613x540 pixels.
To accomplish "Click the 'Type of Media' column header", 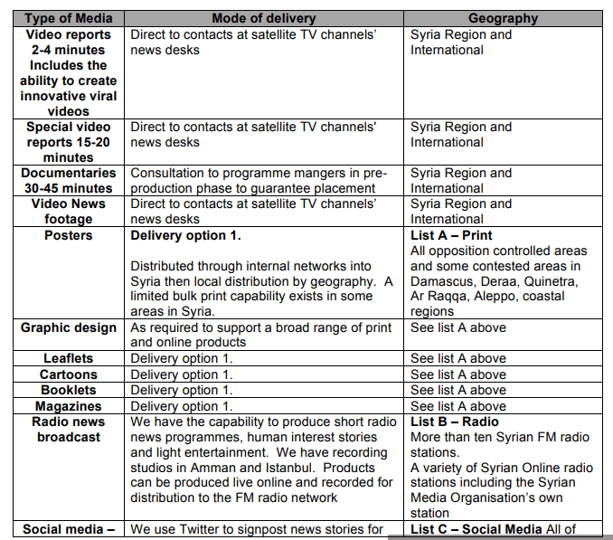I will (x=68, y=18).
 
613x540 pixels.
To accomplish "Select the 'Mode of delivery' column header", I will (x=263, y=18).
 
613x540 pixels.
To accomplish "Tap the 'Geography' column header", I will (x=503, y=18).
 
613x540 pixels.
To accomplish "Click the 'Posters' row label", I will (x=68, y=235).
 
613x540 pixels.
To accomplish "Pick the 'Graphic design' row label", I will (x=69, y=327).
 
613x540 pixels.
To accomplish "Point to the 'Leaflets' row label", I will (x=68, y=359).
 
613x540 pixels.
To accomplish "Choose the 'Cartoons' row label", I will (x=68, y=374).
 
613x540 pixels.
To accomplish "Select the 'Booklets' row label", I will (x=68, y=390).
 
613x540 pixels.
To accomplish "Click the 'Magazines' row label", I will (x=68, y=406).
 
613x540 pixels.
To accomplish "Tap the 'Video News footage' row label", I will (x=68, y=212).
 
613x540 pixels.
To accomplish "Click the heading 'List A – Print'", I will (x=451, y=235).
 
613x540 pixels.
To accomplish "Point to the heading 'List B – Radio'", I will (x=454, y=422).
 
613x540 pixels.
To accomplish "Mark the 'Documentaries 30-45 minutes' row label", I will (x=68, y=180).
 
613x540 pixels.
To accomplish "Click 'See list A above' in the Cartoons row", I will (x=458, y=374).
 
